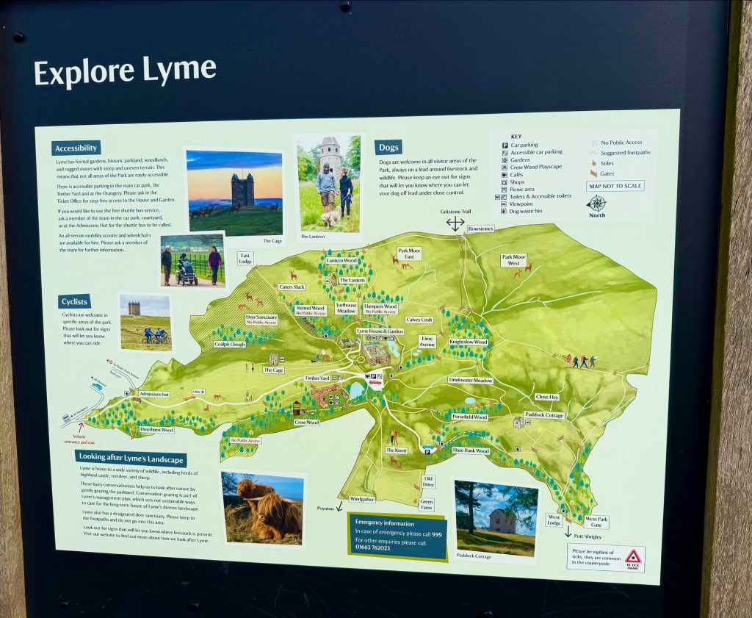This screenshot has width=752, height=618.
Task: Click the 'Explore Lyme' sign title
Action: pyautogui.click(x=125, y=71)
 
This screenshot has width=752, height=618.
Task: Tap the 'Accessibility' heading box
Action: pyautogui.click(x=76, y=148)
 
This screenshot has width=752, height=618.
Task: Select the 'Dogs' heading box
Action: pyautogui.click(x=388, y=147)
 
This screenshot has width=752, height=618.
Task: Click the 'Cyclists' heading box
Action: pyautogui.click(x=75, y=301)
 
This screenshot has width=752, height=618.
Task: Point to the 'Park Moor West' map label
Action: pyautogui.click(x=514, y=259)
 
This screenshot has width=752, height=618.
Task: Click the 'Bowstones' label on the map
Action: pyautogui.click(x=480, y=229)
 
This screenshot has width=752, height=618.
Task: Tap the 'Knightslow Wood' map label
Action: pyautogui.click(x=469, y=342)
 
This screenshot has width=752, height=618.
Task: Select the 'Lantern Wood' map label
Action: pyautogui.click(x=341, y=260)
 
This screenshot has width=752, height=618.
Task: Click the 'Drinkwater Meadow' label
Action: pyautogui.click(x=471, y=380)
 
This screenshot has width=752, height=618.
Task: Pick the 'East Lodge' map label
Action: pyautogui.click(x=245, y=258)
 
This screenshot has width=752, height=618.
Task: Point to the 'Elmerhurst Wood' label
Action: pyautogui.click(x=156, y=429)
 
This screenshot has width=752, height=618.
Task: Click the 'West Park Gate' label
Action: pyautogui.click(x=596, y=522)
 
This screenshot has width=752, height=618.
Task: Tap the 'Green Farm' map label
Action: pyautogui.click(x=427, y=504)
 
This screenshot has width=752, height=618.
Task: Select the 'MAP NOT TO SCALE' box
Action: pyautogui.click(x=615, y=186)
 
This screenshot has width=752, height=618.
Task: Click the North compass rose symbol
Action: pyautogui.click(x=597, y=204)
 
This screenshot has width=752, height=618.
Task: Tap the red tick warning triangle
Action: pyautogui.click(x=632, y=556)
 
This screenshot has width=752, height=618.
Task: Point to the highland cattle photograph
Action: pyautogui.click(x=262, y=508)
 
